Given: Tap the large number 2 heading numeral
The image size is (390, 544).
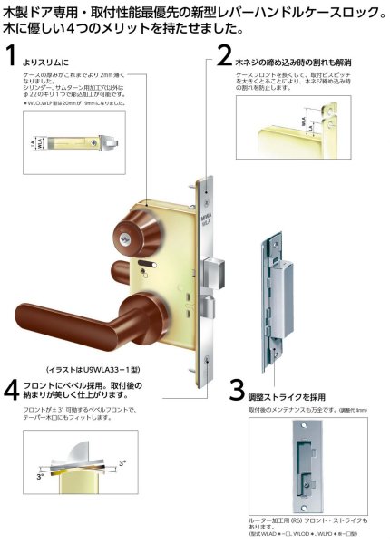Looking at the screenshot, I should pos(224,58).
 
